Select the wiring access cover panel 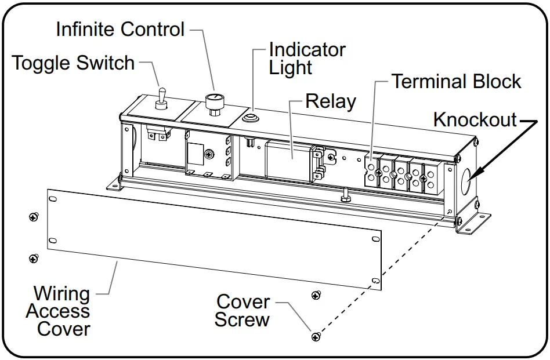[209, 238]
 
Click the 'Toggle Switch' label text [74, 63]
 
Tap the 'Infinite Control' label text [120, 29]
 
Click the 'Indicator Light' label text [306, 59]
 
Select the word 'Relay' [330, 101]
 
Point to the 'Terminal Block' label [456, 82]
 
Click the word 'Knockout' [475, 120]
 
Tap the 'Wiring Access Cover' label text [58, 311]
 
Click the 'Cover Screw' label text [243, 311]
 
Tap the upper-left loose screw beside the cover [33, 217]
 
